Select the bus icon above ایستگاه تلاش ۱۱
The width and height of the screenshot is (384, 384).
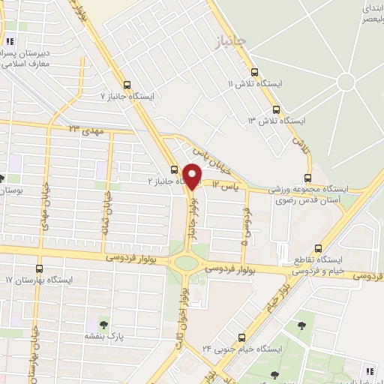click(x=255, y=73)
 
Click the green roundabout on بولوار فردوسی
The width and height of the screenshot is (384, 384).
click(x=184, y=263)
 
